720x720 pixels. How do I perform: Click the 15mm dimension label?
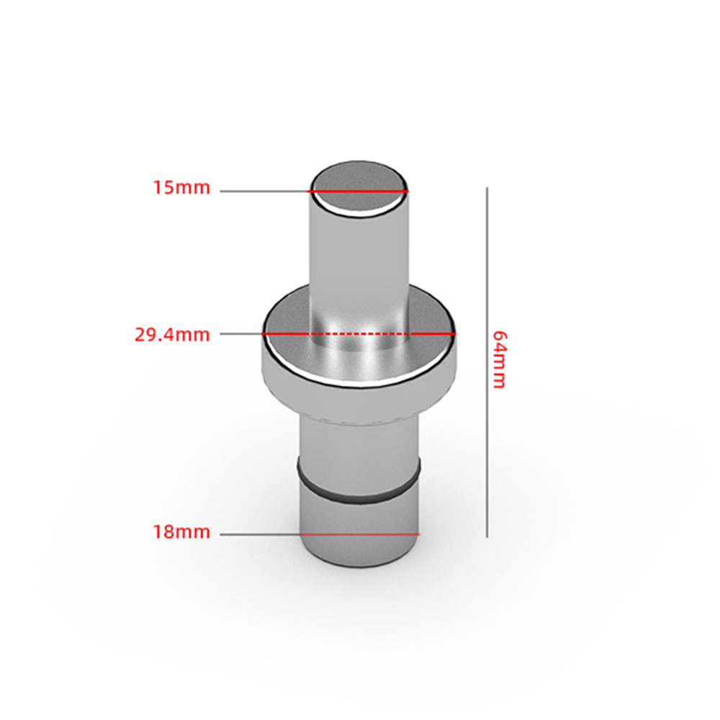coord(181,189)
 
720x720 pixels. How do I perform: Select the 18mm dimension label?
coord(181,533)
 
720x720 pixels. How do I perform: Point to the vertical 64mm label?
coord(498,359)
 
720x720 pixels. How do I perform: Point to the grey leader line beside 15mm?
coord(264,191)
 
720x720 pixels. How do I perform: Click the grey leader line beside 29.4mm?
coord(240,334)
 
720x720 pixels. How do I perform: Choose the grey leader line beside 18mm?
coord(259,534)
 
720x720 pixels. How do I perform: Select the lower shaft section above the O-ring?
coord(359,443)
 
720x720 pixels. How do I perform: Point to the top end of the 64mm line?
coord(487,189)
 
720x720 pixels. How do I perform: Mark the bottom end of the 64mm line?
coord(487,536)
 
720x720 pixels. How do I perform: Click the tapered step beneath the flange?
coord(359,410)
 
